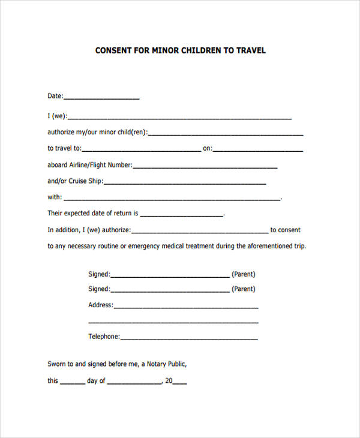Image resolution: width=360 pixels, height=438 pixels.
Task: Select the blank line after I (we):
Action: click(179, 118)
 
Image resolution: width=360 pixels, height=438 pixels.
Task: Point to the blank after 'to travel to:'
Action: click(141, 149)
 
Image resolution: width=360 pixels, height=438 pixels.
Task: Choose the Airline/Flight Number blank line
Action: click(205, 166)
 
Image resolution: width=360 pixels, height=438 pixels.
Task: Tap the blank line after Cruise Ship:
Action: click(185, 182)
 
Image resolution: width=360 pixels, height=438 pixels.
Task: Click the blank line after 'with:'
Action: click(172, 198)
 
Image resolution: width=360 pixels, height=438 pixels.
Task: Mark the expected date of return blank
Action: click(181, 214)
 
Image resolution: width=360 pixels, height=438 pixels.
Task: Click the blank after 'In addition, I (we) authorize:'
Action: click(200, 231)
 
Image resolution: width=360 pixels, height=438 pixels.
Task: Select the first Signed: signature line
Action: click(170, 275)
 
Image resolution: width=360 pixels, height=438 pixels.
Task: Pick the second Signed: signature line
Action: click(170, 290)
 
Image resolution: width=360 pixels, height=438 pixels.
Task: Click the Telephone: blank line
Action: click(189, 338)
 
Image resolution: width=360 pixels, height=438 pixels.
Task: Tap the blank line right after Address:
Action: click(185, 307)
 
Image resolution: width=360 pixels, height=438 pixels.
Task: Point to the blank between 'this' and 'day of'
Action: click(72, 382)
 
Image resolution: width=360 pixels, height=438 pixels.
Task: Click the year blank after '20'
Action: click(180, 382)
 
